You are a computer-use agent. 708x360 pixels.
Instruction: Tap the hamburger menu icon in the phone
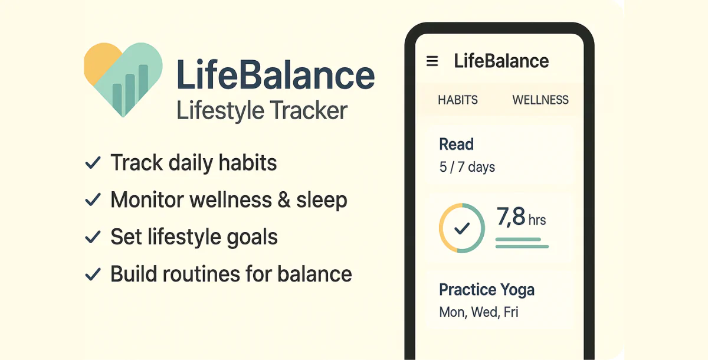point(432,61)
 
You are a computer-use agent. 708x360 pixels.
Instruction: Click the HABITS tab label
point(458,100)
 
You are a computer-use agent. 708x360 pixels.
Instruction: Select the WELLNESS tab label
point(540,100)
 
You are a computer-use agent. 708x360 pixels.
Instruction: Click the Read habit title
point(457,145)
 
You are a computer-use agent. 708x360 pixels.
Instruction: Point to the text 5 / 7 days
point(467,167)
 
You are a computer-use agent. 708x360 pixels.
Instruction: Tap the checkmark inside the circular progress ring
point(462,228)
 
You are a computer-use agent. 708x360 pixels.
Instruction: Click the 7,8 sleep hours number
point(511,217)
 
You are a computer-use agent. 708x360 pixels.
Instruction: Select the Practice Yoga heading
point(487,290)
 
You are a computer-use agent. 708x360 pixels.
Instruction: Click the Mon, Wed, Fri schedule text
point(479,312)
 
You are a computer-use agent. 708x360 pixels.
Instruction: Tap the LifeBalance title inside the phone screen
point(501,61)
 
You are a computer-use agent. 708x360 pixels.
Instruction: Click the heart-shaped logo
point(123,80)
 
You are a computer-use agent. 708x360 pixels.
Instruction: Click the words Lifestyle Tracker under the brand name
point(262,110)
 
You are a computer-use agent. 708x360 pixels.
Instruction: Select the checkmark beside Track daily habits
point(93,163)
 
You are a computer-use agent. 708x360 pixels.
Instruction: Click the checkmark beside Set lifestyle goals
point(93,237)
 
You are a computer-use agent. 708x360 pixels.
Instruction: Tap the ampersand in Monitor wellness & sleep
point(284,200)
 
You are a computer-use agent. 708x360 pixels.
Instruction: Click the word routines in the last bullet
point(201,274)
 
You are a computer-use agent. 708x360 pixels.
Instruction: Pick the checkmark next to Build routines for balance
point(93,274)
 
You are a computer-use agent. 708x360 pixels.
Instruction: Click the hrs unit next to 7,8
point(537,220)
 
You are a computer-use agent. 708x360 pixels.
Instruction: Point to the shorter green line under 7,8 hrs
point(518,239)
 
